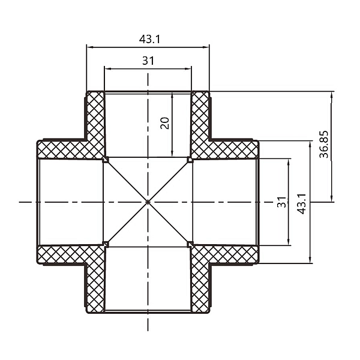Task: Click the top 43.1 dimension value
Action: pos(148,38)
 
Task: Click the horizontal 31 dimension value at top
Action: pos(148,61)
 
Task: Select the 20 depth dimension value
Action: pos(165,122)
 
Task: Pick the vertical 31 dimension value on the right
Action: pos(281,202)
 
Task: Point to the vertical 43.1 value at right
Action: pos(303,202)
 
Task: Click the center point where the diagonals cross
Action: pos(148,202)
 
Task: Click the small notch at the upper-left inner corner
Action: pos(106,160)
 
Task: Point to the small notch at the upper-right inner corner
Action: pos(190,160)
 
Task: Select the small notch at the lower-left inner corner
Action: pos(106,244)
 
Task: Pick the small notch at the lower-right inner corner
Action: pos(190,244)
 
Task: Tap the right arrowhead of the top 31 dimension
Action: pos(189,68)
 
